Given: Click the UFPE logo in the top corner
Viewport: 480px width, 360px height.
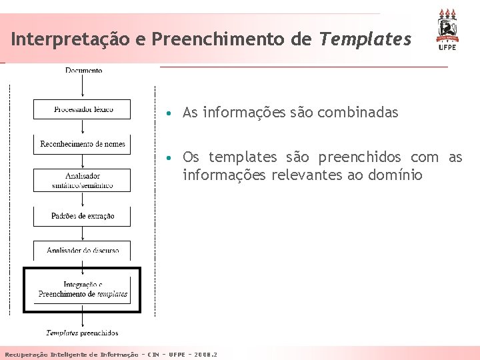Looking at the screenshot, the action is [x=447, y=29].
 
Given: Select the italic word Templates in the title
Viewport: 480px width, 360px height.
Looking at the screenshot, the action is [x=365, y=39].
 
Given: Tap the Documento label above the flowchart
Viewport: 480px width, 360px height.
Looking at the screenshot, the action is [x=84, y=70].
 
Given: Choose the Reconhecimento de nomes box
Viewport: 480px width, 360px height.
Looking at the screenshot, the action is [x=82, y=144].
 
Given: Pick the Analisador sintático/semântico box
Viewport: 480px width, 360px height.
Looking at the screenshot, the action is [x=82, y=180].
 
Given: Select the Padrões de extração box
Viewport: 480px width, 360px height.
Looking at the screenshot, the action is [x=82, y=216].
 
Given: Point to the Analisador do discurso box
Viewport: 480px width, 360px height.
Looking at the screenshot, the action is [x=82, y=250].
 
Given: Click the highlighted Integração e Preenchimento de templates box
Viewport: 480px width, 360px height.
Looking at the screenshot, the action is [x=82, y=289].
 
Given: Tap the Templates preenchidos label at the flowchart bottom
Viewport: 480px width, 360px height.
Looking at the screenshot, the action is [x=82, y=333].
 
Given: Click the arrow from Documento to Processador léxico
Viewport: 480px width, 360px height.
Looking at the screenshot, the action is [x=82, y=86].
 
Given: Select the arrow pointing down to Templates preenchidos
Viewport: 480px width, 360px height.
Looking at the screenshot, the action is [x=82, y=319].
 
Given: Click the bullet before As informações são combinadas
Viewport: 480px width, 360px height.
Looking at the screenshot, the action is [x=171, y=113].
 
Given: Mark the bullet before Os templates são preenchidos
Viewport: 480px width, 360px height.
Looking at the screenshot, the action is [x=171, y=158].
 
